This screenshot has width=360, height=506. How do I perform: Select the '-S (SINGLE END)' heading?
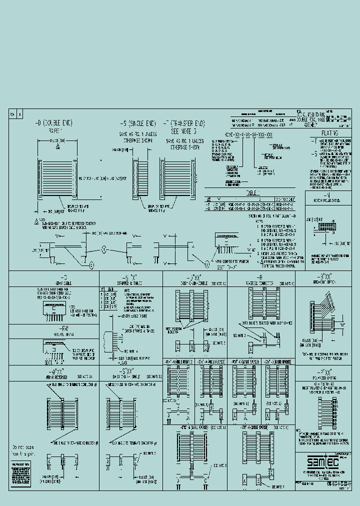[x=136, y=123]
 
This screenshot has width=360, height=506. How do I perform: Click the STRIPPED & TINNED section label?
[x=130, y=282]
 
